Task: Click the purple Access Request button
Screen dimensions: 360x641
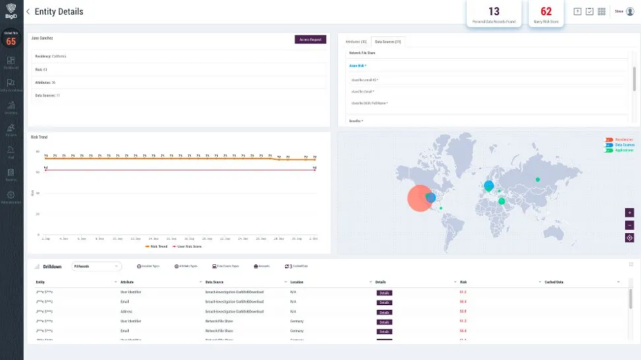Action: (310, 40)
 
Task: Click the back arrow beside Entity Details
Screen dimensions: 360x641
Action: (28, 12)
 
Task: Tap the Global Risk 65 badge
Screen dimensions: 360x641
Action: (11, 40)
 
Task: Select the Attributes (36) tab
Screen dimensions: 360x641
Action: (356, 42)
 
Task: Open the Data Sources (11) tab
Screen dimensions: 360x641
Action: (388, 42)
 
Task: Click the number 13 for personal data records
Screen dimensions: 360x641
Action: (494, 11)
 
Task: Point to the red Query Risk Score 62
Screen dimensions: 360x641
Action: (546, 11)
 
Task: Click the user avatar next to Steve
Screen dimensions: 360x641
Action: (629, 11)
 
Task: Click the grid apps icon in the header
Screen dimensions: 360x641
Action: (601, 11)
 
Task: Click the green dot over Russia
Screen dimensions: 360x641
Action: (537, 180)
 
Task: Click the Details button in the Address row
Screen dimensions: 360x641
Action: (384, 311)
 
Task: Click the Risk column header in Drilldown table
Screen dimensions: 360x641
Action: (463, 282)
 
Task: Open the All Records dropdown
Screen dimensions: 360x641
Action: (96, 266)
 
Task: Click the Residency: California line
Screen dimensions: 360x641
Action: (51, 57)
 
